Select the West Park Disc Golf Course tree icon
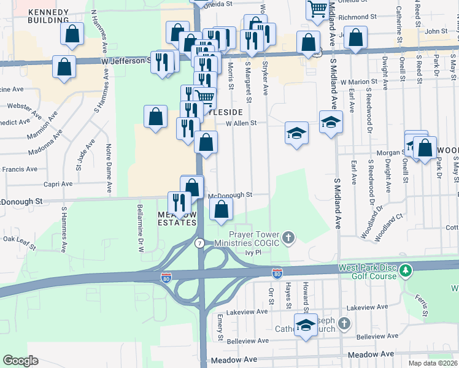click(x=405, y=270)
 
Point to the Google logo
click(x=20, y=361)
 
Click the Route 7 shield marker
click(x=199, y=243)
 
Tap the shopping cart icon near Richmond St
click(x=317, y=8)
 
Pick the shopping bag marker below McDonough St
click(x=221, y=210)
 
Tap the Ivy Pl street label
click(x=253, y=252)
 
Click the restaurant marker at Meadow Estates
click(x=179, y=203)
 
